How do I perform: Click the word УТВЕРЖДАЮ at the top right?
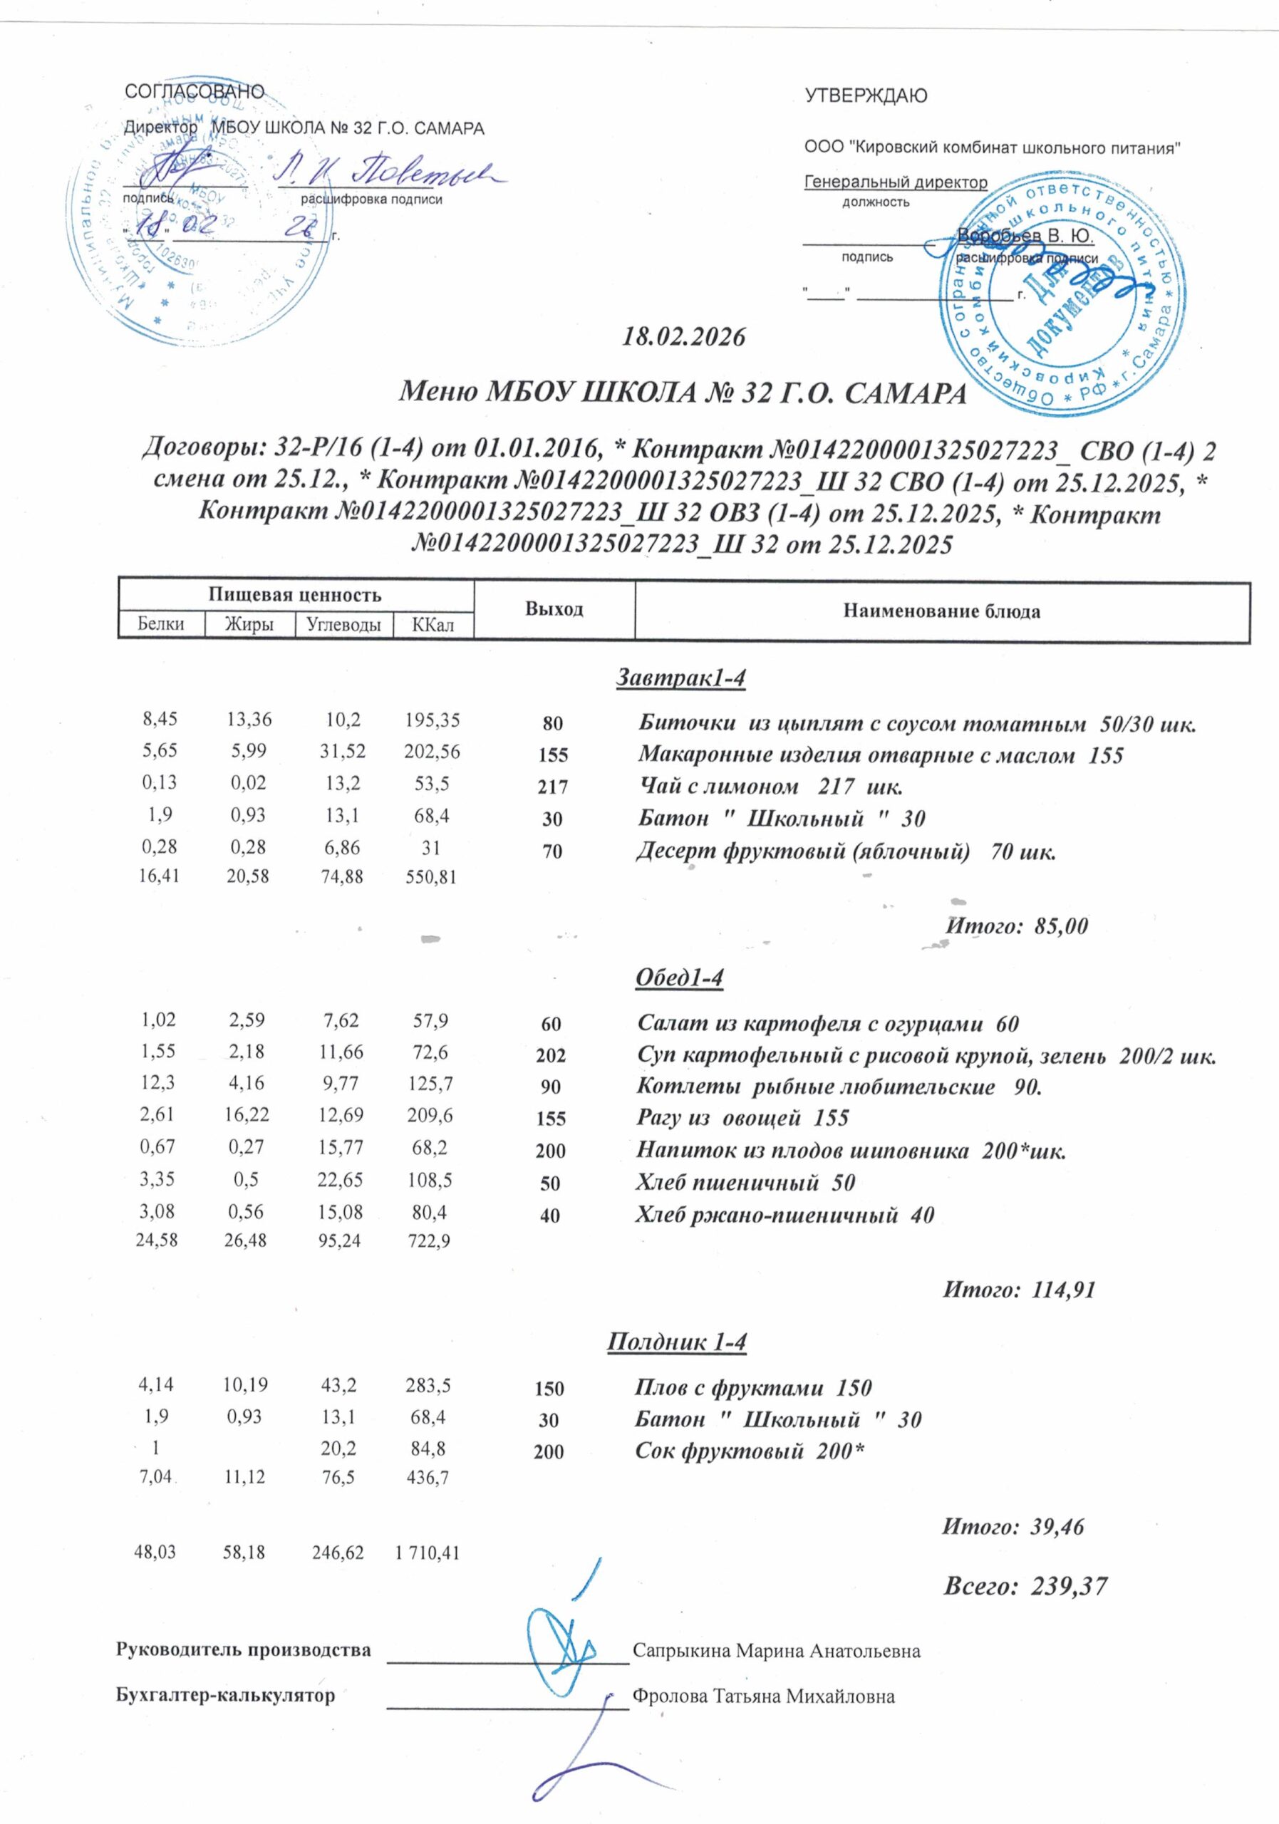tap(866, 97)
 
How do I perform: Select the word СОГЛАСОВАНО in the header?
tap(195, 91)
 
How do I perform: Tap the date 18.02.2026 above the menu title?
tap(683, 338)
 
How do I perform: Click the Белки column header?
tap(160, 624)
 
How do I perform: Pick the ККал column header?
tap(433, 625)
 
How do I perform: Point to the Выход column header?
tap(554, 609)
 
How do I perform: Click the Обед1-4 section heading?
tap(679, 978)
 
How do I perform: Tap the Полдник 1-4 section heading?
tap(677, 1342)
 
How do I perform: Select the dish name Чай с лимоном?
tap(719, 787)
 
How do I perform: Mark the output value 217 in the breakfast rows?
tap(553, 787)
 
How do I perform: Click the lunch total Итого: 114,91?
tap(1018, 1290)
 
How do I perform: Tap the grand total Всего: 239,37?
tap(1025, 1587)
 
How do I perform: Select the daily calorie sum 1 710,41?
tap(428, 1553)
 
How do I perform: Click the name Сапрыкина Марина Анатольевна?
tap(776, 1651)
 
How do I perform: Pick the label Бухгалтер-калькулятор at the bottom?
tap(226, 1695)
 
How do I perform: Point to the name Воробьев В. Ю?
tap(1025, 236)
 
